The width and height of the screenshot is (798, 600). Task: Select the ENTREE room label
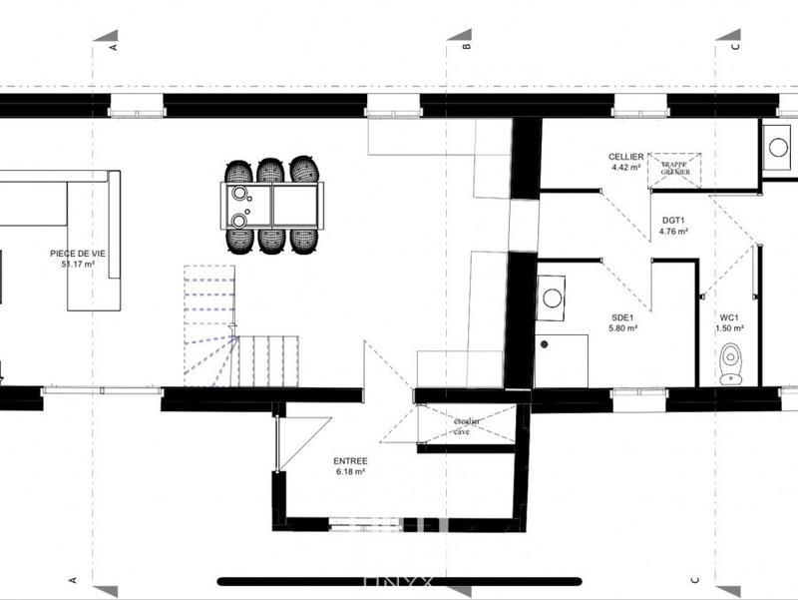tap(350, 461)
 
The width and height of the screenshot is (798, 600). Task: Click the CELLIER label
tap(625, 157)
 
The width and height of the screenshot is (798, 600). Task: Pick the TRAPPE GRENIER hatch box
tap(674, 169)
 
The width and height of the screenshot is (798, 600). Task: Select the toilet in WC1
tap(732, 358)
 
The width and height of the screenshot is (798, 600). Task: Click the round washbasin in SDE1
tap(552, 297)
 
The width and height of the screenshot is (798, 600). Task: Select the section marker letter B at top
tap(464, 45)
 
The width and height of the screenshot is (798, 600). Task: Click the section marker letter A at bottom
tap(72, 579)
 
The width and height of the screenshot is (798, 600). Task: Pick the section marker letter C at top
tap(735, 45)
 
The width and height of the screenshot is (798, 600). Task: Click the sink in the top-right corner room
tap(777, 148)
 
